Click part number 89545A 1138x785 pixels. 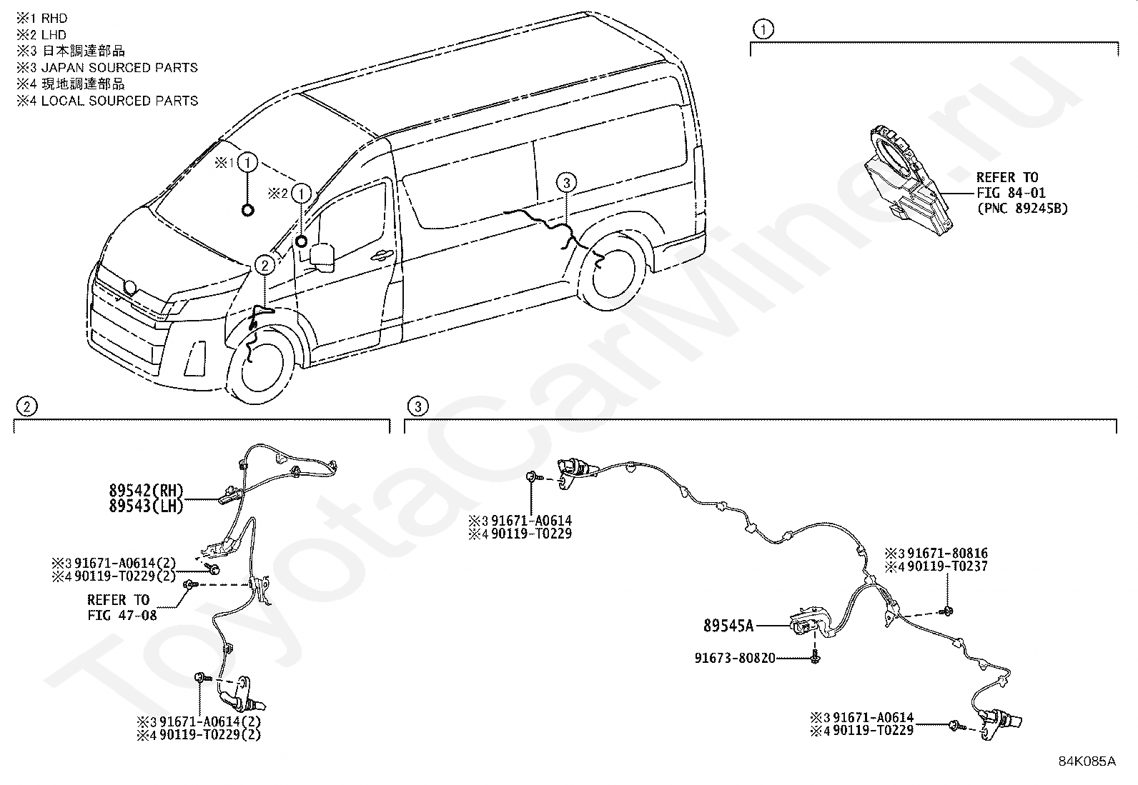[x=728, y=626]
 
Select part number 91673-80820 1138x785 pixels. [x=735, y=658]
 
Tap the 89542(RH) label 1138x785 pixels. [x=147, y=491]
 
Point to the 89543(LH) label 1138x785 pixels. [x=147, y=506]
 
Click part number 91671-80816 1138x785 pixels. [x=947, y=554]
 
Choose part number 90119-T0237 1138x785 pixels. [x=947, y=567]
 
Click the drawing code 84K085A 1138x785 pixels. [x=1087, y=761]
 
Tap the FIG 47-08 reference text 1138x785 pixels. [x=122, y=615]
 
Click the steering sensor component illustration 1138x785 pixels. [x=906, y=178]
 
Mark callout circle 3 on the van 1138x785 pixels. [x=566, y=183]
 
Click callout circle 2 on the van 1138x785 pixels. [x=264, y=266]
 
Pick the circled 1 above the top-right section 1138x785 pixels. [x=763, y=29]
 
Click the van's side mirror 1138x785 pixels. [x=322, y=256]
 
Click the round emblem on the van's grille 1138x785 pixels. [x=130, y=288]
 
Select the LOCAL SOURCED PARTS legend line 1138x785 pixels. [x=107, y=101]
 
